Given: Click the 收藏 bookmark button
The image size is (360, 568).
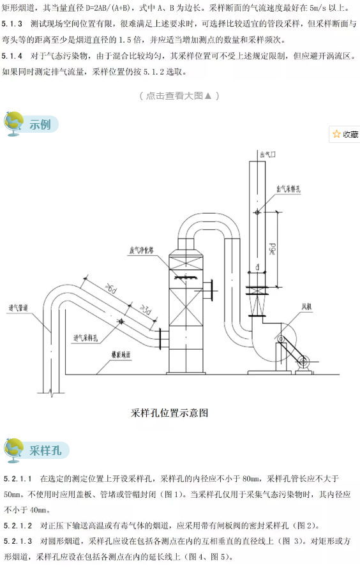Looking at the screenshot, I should click(345, 134).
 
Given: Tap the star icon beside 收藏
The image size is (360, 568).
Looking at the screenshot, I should click(336, 134).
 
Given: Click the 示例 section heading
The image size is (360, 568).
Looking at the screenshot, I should click(40, 124).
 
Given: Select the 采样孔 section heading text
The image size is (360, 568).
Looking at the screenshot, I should click(45, 451).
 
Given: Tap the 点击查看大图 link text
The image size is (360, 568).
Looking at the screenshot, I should click(179, 96).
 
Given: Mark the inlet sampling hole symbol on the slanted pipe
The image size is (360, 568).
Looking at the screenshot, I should click(119, 322).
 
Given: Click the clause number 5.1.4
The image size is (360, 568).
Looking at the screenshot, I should click(13, 56).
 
